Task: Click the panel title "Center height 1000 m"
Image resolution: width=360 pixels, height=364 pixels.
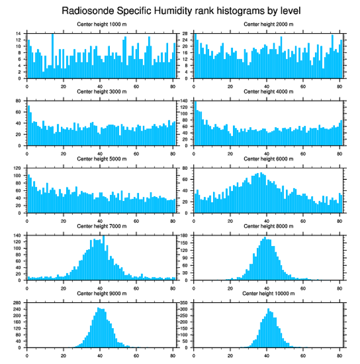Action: tap(101, 24)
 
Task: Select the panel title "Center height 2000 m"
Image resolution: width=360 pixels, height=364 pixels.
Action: tap(268, 24)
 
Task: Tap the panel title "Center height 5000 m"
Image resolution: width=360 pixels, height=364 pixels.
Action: tap(101, 159)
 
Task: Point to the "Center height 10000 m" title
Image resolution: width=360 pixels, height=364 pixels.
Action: tap(268, 293)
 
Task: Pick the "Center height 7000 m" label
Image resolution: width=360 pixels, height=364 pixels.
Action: tap(101, 226)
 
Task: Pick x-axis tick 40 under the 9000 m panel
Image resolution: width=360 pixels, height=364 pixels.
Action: tap(100, 354)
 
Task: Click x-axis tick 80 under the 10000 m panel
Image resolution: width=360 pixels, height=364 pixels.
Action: tap(339, 354)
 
